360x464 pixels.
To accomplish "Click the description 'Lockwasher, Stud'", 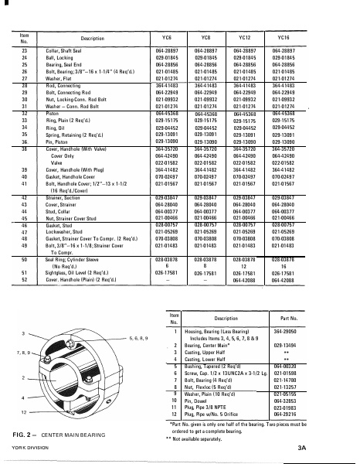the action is tap(57, 230).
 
